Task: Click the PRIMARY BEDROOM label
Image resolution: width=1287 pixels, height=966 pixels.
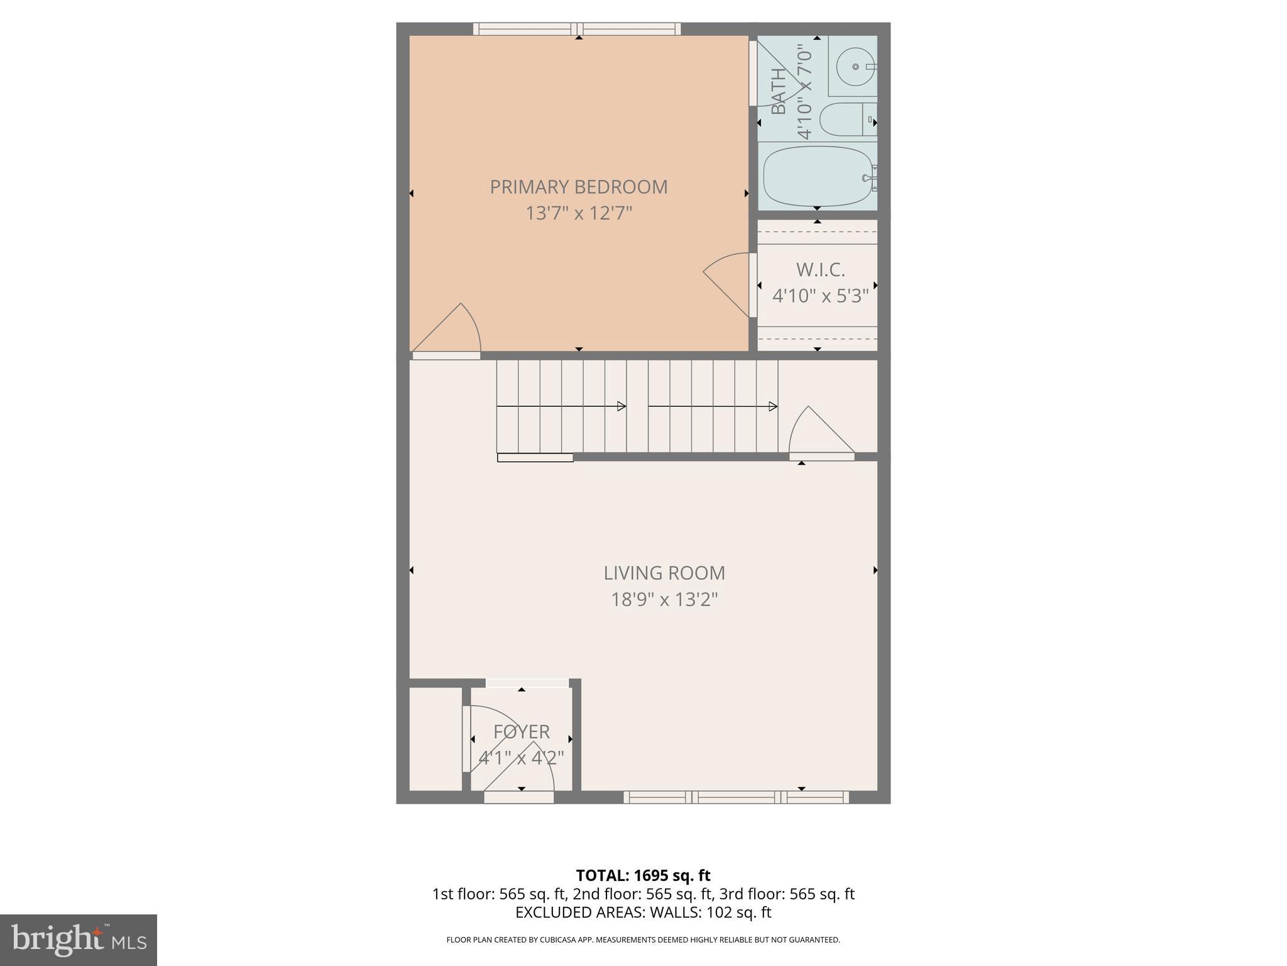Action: (578, 187)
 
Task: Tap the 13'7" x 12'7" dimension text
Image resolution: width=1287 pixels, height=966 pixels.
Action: (578, 213)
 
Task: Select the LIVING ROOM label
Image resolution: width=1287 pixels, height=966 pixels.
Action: (664, 573)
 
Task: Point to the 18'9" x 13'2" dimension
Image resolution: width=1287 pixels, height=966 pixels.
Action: (664, 599)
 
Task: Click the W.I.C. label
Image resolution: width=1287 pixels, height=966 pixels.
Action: (820, 270)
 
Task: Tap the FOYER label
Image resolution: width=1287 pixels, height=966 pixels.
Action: (521, 731)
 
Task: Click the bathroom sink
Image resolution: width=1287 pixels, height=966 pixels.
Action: (855, 66)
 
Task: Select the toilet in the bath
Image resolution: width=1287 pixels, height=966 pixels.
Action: (845, 119)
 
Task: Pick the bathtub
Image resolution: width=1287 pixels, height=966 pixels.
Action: (817, 176)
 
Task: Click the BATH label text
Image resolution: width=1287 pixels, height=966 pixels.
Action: (778, 91)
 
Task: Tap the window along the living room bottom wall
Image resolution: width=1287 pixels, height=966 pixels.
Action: (736, 797)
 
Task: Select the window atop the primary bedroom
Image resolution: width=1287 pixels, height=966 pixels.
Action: (577, 29)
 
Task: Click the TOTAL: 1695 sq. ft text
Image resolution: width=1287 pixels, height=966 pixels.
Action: (643, 875)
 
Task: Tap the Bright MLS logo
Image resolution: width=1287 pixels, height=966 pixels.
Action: (78, 940)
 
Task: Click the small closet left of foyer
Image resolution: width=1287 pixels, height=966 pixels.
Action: (435, 739)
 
